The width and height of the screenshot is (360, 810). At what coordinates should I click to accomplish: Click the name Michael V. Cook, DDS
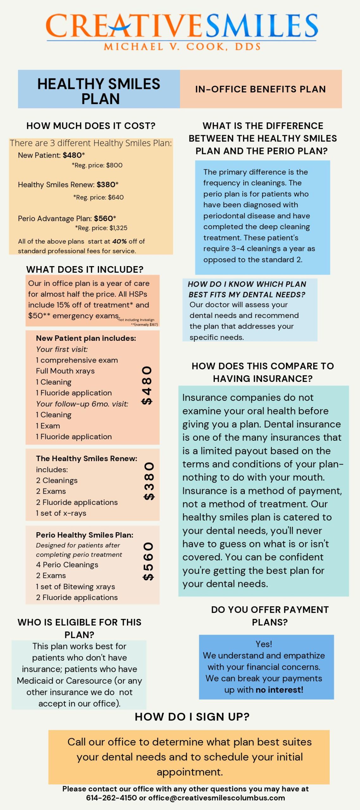click(x=182, y=47)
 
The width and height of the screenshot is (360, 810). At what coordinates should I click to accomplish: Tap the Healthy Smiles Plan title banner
click(x=99, y=91)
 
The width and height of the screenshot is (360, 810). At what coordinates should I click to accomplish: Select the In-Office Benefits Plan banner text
click(x=260, y=89)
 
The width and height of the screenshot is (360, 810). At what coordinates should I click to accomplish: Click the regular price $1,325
click(x=118, y=228)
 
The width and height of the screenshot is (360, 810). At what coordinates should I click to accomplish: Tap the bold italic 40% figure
click(x=119, y=241)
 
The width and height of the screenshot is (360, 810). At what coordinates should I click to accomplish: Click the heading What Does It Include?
click(x=85, y=270)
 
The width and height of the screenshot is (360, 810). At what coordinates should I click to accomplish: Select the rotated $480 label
click(x=147, y=385)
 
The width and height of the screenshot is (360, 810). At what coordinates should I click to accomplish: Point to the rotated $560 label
click(x=148, y=561)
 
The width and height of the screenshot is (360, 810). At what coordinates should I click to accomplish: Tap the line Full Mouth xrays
click(x=65, y=371)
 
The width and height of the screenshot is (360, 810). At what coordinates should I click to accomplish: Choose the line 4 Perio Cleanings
click(x=67, y=565)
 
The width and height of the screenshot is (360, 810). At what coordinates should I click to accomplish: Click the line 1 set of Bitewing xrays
click(x=75, y=587)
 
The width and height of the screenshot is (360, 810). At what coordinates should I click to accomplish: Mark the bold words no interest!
click(x=279, y=690)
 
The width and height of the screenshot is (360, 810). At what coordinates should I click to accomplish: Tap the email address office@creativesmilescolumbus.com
click(x=217, y=798)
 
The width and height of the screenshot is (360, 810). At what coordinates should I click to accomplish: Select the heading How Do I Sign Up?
click(x=192, y=717)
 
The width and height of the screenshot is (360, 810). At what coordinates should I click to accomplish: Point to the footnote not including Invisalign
click(x=136, y=320)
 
